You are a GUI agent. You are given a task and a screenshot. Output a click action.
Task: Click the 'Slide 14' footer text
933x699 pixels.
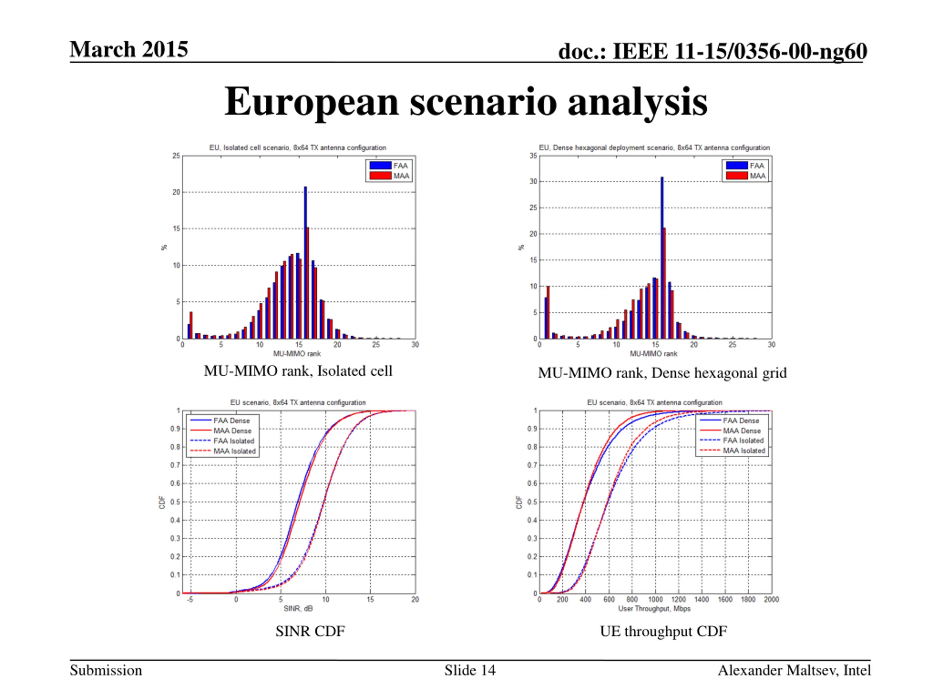(469, 670)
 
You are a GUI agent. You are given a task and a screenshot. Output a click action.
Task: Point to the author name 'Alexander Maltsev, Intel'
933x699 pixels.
(794, 670)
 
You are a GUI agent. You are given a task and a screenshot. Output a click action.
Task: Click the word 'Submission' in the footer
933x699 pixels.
(106, 670)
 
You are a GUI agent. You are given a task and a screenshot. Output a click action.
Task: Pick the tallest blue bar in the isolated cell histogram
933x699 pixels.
(305, 261)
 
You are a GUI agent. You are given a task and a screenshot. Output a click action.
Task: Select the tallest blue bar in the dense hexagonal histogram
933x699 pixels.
(661, 257)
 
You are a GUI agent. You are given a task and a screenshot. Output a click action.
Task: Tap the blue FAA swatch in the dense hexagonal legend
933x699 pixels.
(737, 166)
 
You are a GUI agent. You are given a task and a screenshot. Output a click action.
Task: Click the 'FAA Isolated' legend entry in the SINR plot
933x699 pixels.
(234, 441)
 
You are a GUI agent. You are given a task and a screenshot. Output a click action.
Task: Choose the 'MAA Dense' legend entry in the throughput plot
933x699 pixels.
(742, 431)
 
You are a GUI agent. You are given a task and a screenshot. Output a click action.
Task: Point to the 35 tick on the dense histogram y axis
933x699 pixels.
(533, 156)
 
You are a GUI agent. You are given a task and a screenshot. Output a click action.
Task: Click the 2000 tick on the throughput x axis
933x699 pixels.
(771, 599)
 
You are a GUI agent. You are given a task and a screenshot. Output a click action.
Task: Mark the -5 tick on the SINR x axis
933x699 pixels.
(190, 599)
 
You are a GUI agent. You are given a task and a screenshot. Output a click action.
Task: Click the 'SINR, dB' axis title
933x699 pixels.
(298, 608)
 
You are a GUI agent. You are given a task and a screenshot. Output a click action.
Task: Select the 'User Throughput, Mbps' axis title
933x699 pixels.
(654, 608)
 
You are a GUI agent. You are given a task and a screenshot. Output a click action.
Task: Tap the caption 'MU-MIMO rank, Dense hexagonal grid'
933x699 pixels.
(662, 373)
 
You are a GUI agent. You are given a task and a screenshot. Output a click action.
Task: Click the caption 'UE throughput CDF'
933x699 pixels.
(663, 631)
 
